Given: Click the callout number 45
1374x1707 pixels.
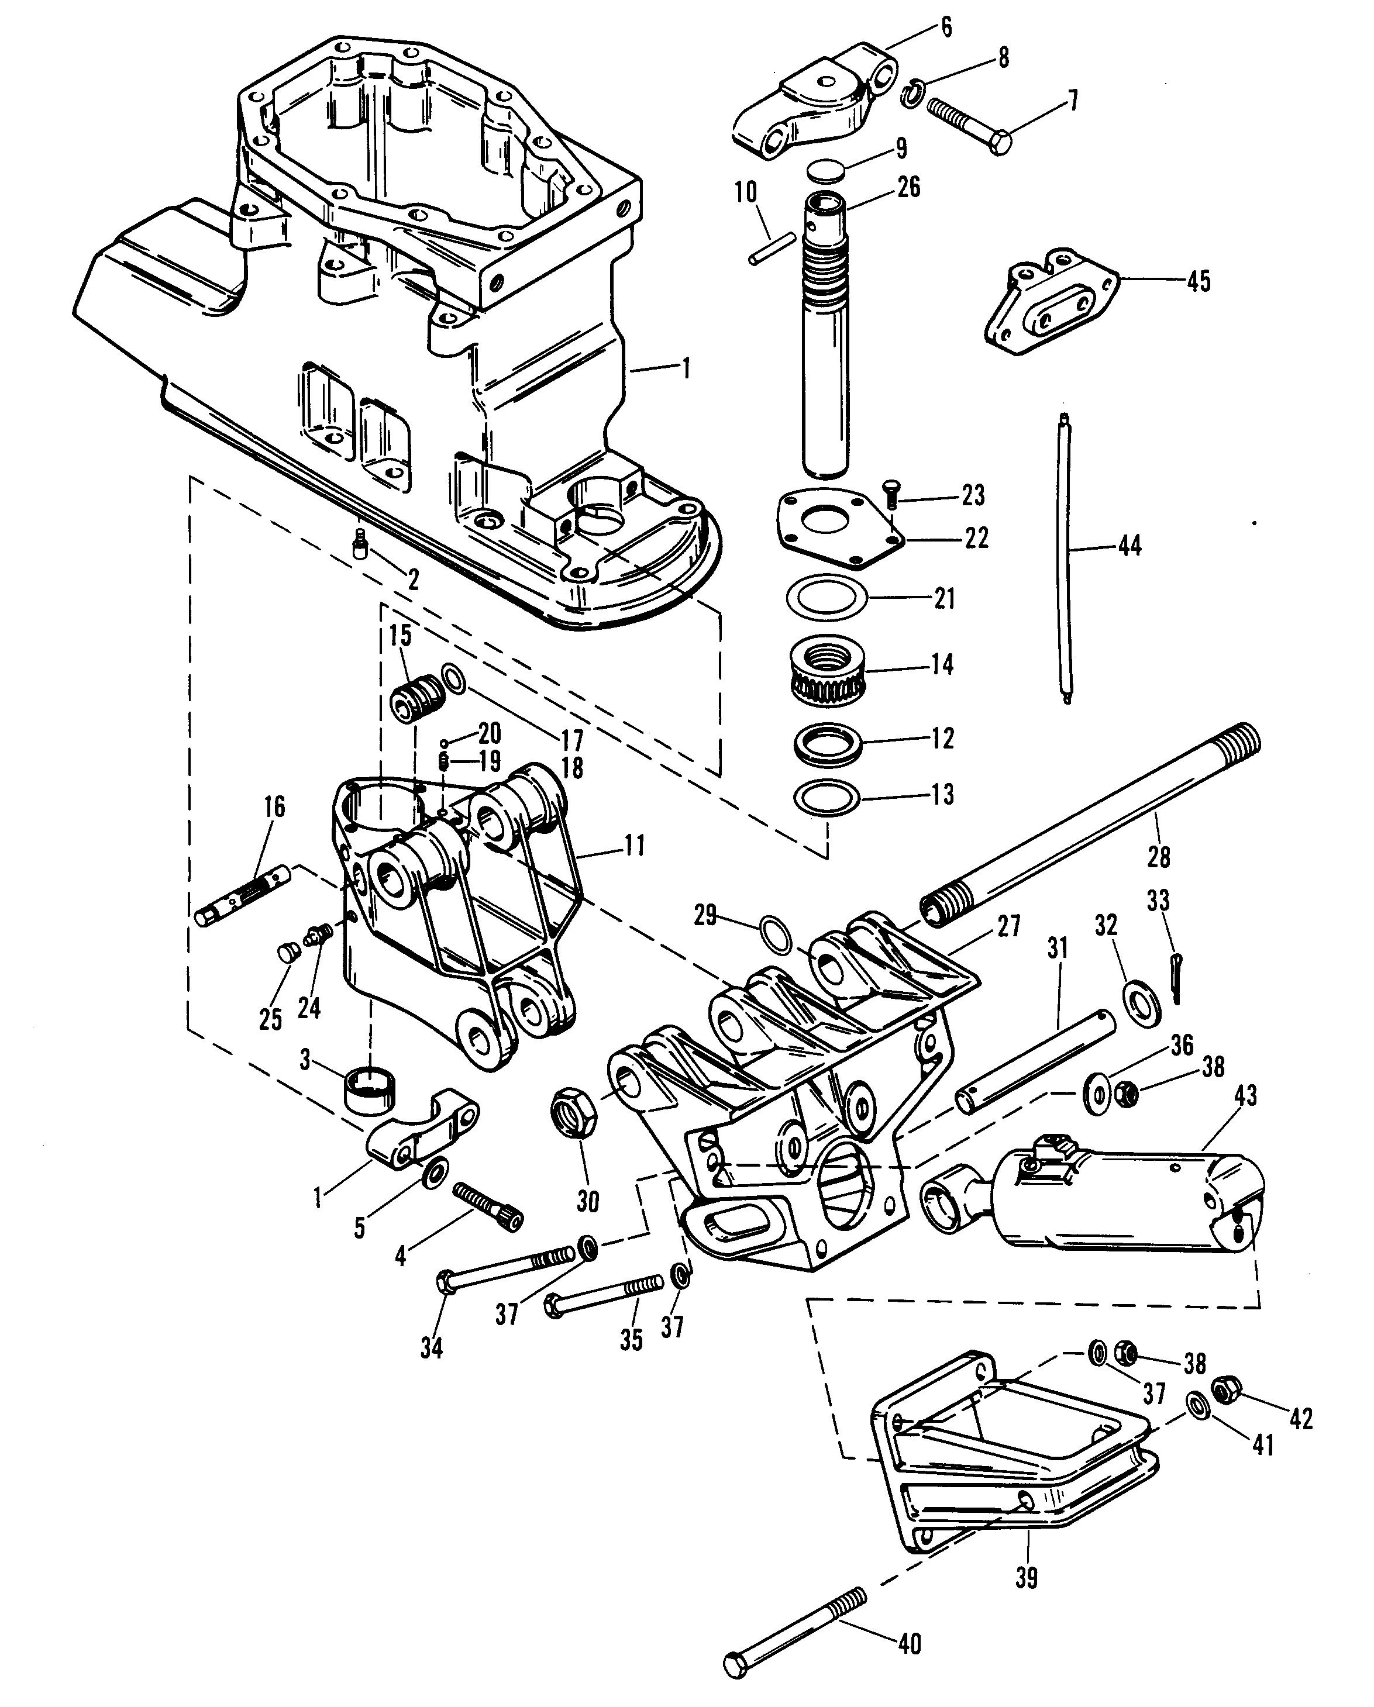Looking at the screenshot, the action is [x=1199, y=281].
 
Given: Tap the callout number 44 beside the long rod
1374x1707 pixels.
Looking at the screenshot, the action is [x=1129, y=546].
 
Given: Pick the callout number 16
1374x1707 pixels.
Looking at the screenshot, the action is [x=274, y=808].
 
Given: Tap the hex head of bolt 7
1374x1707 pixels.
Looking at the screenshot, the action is [x=1002, y=143].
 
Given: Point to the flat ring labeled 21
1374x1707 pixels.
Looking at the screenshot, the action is [x=826, y=599].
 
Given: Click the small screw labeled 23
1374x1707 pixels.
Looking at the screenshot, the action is [x=890, y=496].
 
